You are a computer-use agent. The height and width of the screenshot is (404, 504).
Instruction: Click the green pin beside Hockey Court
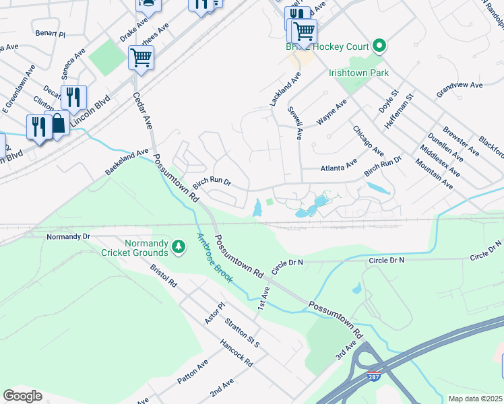(379, 46)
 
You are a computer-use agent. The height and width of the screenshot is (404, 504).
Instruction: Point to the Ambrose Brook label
(214, 257)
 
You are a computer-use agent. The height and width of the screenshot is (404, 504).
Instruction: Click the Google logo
(22, 396)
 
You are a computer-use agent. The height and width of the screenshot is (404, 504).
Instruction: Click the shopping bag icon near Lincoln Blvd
(58, 123)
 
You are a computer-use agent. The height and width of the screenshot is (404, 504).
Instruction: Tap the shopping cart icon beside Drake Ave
(141, 57)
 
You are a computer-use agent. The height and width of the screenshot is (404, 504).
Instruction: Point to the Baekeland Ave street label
(126, 163)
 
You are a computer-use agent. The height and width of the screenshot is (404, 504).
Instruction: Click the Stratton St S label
(243, 333)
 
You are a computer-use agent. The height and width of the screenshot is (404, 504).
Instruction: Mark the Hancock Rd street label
(236, 352)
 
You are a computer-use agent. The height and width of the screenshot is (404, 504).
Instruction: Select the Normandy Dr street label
(68, 237)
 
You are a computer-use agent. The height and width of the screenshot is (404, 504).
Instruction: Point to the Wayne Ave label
(332, 111)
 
